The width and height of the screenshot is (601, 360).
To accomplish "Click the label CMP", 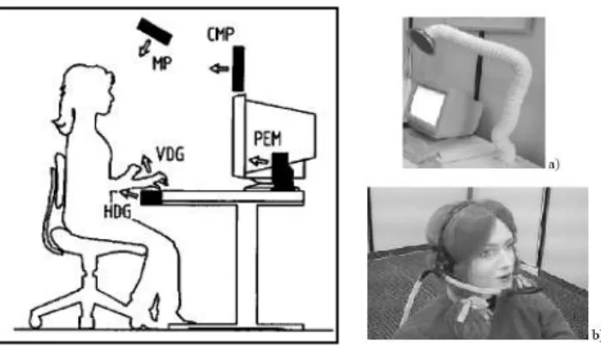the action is tap(220, 34).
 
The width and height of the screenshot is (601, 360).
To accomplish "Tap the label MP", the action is tap(162, 63).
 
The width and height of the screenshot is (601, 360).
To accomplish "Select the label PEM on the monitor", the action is tap(267, 138).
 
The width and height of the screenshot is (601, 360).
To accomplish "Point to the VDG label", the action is tap(171, 153).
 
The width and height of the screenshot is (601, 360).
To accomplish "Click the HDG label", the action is tap(117, 211).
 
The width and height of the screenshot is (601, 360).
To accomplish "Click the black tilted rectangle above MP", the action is tap(155, 31).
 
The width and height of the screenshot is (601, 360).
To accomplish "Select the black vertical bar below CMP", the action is tap(238, 69).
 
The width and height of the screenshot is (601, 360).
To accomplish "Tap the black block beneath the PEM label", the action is tap(283, 171).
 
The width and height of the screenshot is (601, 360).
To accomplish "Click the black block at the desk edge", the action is tap(151, 198).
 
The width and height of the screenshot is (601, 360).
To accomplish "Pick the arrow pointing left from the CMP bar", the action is tap(219, 69).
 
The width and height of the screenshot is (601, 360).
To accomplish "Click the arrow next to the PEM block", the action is tap(260, 160).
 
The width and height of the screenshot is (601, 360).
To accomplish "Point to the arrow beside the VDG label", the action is tap(146, 164).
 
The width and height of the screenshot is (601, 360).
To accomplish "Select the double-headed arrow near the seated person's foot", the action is tap(154, 307).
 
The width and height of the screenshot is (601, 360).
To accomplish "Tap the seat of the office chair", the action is tap(99, 243).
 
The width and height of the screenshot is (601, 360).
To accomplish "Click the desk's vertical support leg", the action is tap(247, 265).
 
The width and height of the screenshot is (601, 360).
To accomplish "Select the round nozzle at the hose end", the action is tap(422, 40).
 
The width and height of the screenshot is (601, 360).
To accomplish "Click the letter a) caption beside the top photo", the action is tap(554, 165).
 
